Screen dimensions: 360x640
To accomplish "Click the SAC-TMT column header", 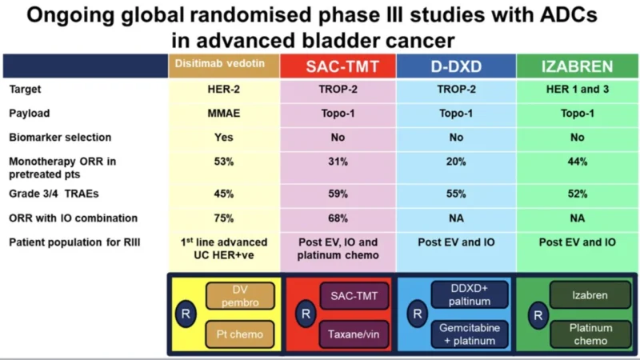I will tap(337, 67).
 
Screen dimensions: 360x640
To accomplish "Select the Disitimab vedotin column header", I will tap(223, 63).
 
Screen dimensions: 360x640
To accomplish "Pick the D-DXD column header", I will tap(454, 67).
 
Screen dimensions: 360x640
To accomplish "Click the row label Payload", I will tap(30, 113).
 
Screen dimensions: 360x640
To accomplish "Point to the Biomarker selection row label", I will tap(60, 137).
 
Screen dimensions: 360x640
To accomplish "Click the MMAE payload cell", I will tap(223, 113).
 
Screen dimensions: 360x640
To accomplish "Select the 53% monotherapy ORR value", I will tap(223, 162).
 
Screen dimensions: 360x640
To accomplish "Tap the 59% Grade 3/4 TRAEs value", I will tap(337, 194).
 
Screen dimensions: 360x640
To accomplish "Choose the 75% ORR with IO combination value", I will tap(223, 218).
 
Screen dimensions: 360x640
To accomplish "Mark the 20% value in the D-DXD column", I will tap(454, 162).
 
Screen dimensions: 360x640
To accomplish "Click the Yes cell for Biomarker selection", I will tap(223, 137).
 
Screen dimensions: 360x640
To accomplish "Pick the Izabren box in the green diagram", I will tap(590, 295).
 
